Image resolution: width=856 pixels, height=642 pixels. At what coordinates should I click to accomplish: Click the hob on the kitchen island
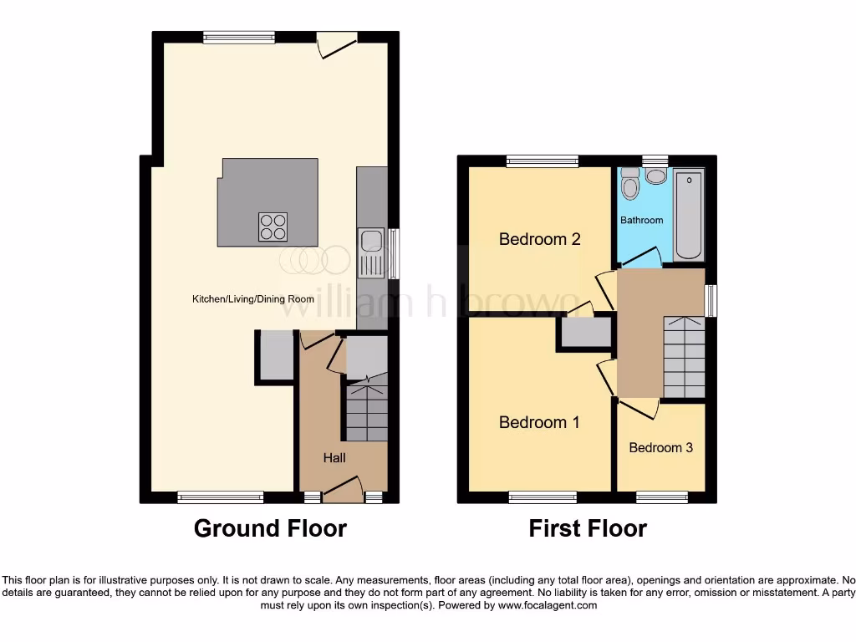[x=273, y=227]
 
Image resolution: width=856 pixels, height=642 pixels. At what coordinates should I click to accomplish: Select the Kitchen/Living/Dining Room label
[x=253, y=299]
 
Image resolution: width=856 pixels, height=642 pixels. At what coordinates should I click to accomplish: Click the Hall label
[x=334, y=457]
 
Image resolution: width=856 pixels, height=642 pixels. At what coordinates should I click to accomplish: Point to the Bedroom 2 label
[x=539, y=239]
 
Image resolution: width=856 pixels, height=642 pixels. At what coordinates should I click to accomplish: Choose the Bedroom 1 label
[x=539, y=422]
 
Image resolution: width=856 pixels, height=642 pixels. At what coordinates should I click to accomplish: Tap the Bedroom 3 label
[x=660, y=447]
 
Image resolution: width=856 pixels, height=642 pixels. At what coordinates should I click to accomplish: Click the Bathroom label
[x=641, y=220]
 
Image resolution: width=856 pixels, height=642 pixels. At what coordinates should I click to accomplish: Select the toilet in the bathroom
[x=630, y=184]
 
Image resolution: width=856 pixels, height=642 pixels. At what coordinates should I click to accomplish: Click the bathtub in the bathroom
[x=690, y=215]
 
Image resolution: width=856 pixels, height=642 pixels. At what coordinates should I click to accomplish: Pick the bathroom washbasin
[x=656, y=176]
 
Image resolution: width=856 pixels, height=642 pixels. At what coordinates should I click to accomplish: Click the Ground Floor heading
[x=270, y=528]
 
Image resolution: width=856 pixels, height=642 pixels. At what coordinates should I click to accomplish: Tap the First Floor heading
[x=588, y=528]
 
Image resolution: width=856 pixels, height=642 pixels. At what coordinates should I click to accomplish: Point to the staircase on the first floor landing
[x=684, y=358]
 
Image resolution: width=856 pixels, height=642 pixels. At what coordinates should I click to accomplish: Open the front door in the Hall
[x=343, y=489]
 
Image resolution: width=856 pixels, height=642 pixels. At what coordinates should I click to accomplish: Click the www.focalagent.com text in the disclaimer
[x=547, y=605]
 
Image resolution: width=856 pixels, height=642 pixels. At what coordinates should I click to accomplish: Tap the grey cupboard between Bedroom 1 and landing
[x=586, y=333]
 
